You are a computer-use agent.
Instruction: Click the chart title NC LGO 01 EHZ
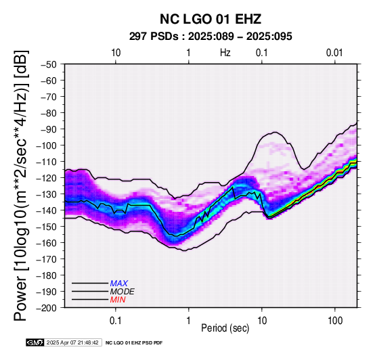211,19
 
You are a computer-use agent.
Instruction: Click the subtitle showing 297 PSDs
211,37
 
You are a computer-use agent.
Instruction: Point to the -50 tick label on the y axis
49,64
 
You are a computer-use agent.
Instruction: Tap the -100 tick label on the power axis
47,145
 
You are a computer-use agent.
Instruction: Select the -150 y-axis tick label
47,227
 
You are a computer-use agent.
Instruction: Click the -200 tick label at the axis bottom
47,308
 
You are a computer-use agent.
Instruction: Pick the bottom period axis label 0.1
116,321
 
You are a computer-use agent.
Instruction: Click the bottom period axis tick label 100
335,321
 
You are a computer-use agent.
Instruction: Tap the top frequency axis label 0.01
334,53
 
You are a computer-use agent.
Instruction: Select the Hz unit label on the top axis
225,53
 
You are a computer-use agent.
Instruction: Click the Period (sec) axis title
225,328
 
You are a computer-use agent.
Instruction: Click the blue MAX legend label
119,284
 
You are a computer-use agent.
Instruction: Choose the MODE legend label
123,292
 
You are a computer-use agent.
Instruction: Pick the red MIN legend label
118,300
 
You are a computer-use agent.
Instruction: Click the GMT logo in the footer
35,342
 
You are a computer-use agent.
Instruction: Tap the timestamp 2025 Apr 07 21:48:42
72,343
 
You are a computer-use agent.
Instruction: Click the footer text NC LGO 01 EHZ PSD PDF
134,343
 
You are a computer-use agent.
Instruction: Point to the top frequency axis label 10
116,53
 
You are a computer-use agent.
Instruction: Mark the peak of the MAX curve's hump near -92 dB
275,132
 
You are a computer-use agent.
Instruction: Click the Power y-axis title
21,185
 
